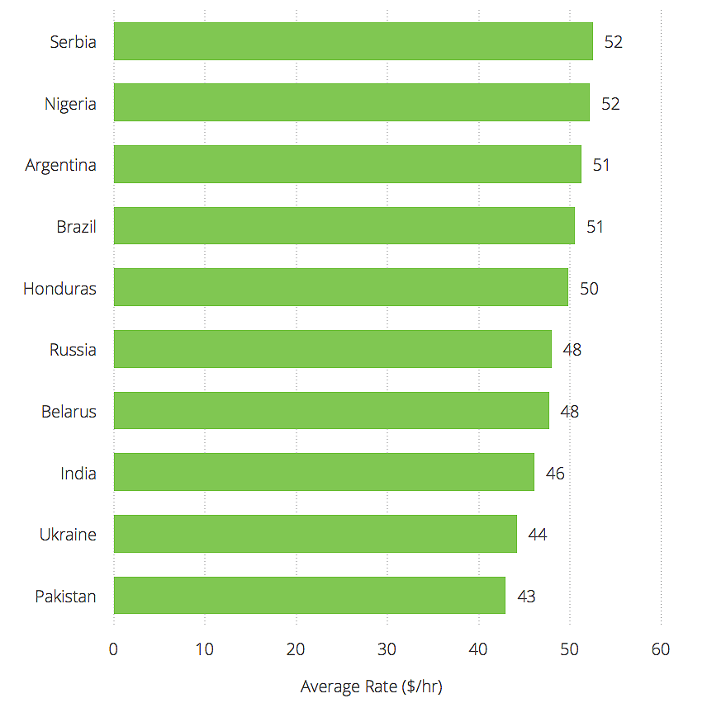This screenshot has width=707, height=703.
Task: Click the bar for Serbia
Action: point(353,41)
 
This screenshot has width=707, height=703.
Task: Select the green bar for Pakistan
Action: point(309,596)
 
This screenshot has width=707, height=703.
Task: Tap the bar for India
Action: point(324,473)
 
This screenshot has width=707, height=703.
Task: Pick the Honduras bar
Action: point(340,288)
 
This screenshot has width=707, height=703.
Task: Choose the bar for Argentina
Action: point(347,164)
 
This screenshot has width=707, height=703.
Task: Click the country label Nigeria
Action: point(70,104)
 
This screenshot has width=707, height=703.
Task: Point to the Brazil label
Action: point(76,227)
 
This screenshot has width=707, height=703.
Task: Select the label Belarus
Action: point(69,412)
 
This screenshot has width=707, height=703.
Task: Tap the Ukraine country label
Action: point(68,535)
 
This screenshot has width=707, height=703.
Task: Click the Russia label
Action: point(73,350)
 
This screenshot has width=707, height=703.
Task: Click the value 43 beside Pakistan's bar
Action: point(526,597)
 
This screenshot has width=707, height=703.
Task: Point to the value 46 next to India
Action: point(555,474)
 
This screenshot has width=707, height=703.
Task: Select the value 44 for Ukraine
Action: point(538,535)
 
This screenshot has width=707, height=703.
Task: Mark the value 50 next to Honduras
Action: point(589,289)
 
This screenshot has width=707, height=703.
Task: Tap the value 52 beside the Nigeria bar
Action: point(610,104)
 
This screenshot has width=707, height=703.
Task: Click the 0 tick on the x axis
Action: point(114,649)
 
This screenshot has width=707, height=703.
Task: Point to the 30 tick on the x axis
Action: point(387,649)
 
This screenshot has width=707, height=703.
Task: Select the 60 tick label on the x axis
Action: point(661,649)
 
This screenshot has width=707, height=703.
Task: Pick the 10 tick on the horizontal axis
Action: point(205,649)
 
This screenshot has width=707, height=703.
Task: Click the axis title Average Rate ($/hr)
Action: point(372,686)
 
